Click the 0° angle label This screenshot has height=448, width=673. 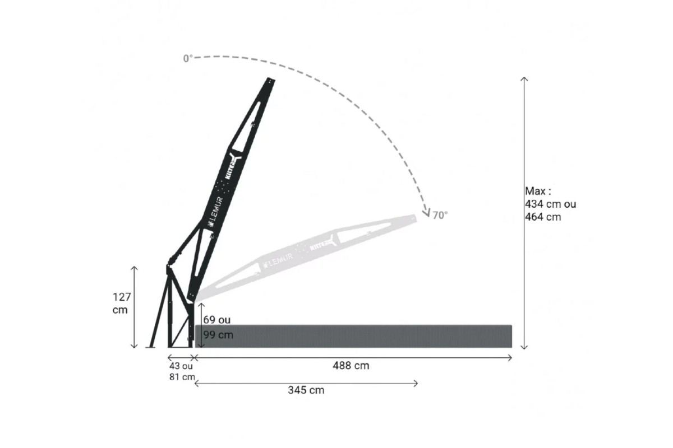tap(188, 58)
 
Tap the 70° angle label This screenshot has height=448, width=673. tap(440, 215)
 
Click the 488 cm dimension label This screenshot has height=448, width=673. tap(351, 366)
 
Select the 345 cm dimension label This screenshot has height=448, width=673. tap(306, 390)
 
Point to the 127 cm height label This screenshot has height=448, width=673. tap(122, 304)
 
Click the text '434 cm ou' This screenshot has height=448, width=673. tap(550, 204)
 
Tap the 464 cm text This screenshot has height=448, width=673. tap(543, 217)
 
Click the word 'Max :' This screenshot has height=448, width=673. tap(538, 191)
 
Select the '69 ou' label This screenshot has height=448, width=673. tap(217, 320)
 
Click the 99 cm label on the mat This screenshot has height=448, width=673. tap(218, 335)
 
